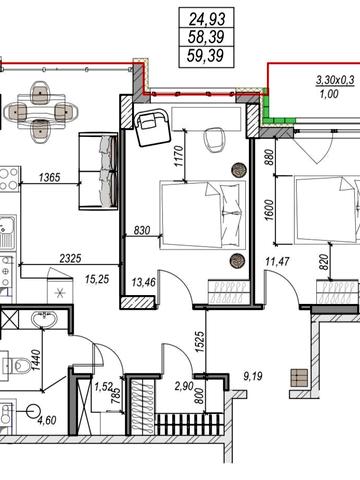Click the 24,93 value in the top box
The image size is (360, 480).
[x=207, y=19]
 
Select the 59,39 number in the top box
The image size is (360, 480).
[x=205, y=55]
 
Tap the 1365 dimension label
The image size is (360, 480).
[x=50, y=177]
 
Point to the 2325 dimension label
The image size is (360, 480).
[x=70, y=258]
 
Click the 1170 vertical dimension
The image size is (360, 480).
[x=179, y=156]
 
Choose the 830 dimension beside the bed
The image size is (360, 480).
[x=142, y=230]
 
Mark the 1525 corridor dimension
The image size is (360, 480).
[x=200, y=342]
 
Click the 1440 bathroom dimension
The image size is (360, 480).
[x=36, y=360]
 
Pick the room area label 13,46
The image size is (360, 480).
[x=143, y=282]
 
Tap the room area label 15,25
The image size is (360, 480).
[x=97, y=279]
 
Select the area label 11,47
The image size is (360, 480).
[x=277, y=262]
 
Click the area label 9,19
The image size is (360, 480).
[x=253, y=377]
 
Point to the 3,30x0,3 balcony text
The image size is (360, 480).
[x=335, y=80]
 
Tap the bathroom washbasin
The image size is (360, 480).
[x=44, y=320]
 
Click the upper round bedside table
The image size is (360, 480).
[x=239, y=170]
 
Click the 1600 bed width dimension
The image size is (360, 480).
[x=269, y=210]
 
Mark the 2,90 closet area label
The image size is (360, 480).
[x=184, y=387]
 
